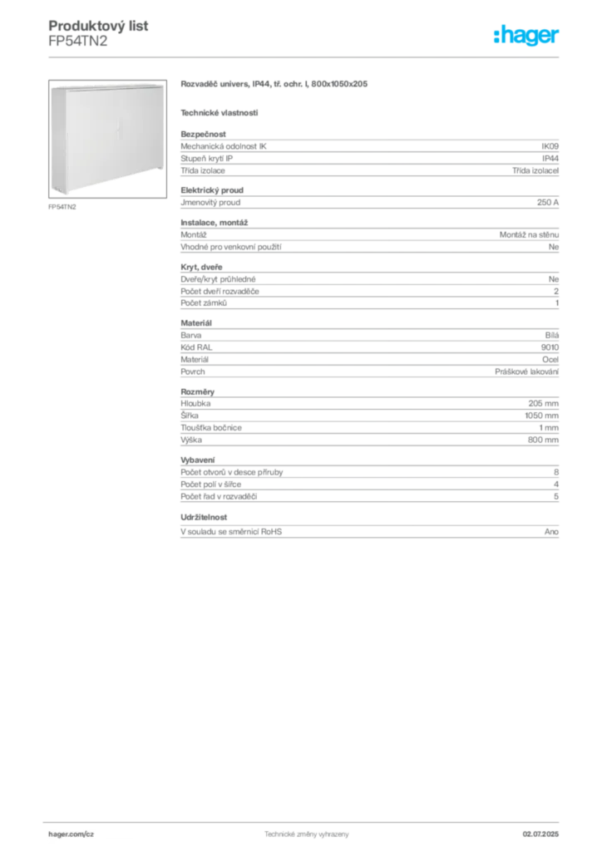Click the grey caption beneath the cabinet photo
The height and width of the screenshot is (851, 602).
point(63,206)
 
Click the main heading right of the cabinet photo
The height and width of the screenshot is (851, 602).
point(275,85)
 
